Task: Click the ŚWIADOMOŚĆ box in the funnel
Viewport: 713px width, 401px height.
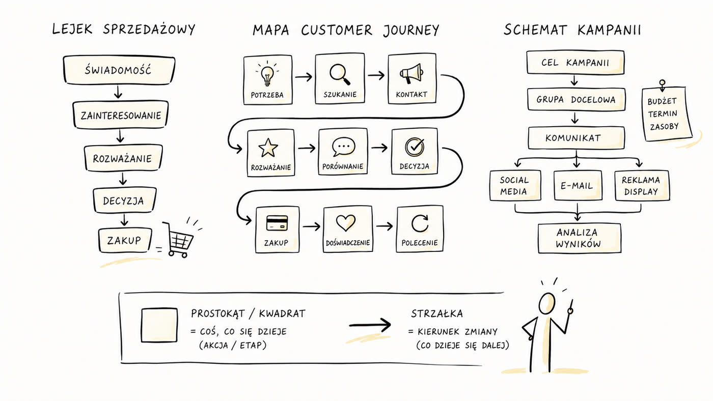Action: [x=119, y=70]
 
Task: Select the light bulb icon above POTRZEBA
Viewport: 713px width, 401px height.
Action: [x=267, y=75]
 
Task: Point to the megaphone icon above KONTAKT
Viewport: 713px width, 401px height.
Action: [x=412, y=73]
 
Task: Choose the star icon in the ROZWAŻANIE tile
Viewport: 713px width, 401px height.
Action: [x=268, y=148]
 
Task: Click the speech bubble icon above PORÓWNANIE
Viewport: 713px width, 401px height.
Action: [x=343, y=147]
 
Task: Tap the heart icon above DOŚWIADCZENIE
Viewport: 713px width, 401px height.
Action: [x=346, y=222]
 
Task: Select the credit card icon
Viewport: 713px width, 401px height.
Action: [x=277, y=223]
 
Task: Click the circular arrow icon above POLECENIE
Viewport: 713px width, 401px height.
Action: [x=420, y=223]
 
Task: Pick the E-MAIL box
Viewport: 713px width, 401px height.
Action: [x=578, y=185]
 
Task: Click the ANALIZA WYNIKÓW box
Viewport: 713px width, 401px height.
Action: [x=580, y=238]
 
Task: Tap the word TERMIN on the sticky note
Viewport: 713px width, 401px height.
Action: [x=663, y=113]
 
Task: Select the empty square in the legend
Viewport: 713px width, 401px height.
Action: [x=159, y=325]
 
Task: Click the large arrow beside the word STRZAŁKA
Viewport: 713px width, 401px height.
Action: [x=370, y=325]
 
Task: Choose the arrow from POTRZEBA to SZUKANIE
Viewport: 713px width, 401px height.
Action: [x=304, y=77]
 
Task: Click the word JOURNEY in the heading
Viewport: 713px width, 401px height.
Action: [x=410, y=31]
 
